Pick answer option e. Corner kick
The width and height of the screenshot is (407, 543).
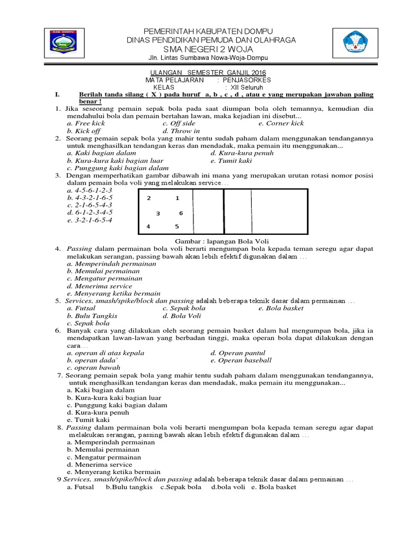point(281,123)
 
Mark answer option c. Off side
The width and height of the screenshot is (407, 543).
point(179,123)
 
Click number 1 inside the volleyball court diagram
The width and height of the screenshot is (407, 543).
point(177,198)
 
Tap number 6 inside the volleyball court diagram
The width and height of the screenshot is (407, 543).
point(181,213)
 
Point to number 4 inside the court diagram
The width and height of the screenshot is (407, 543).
point(148,227)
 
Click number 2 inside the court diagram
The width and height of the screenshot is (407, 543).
point(149,198)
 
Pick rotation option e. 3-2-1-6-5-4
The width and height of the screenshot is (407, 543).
point(86,220)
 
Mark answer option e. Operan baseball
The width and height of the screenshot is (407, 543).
point(241,360)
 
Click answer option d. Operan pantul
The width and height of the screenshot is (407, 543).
point(237,353)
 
